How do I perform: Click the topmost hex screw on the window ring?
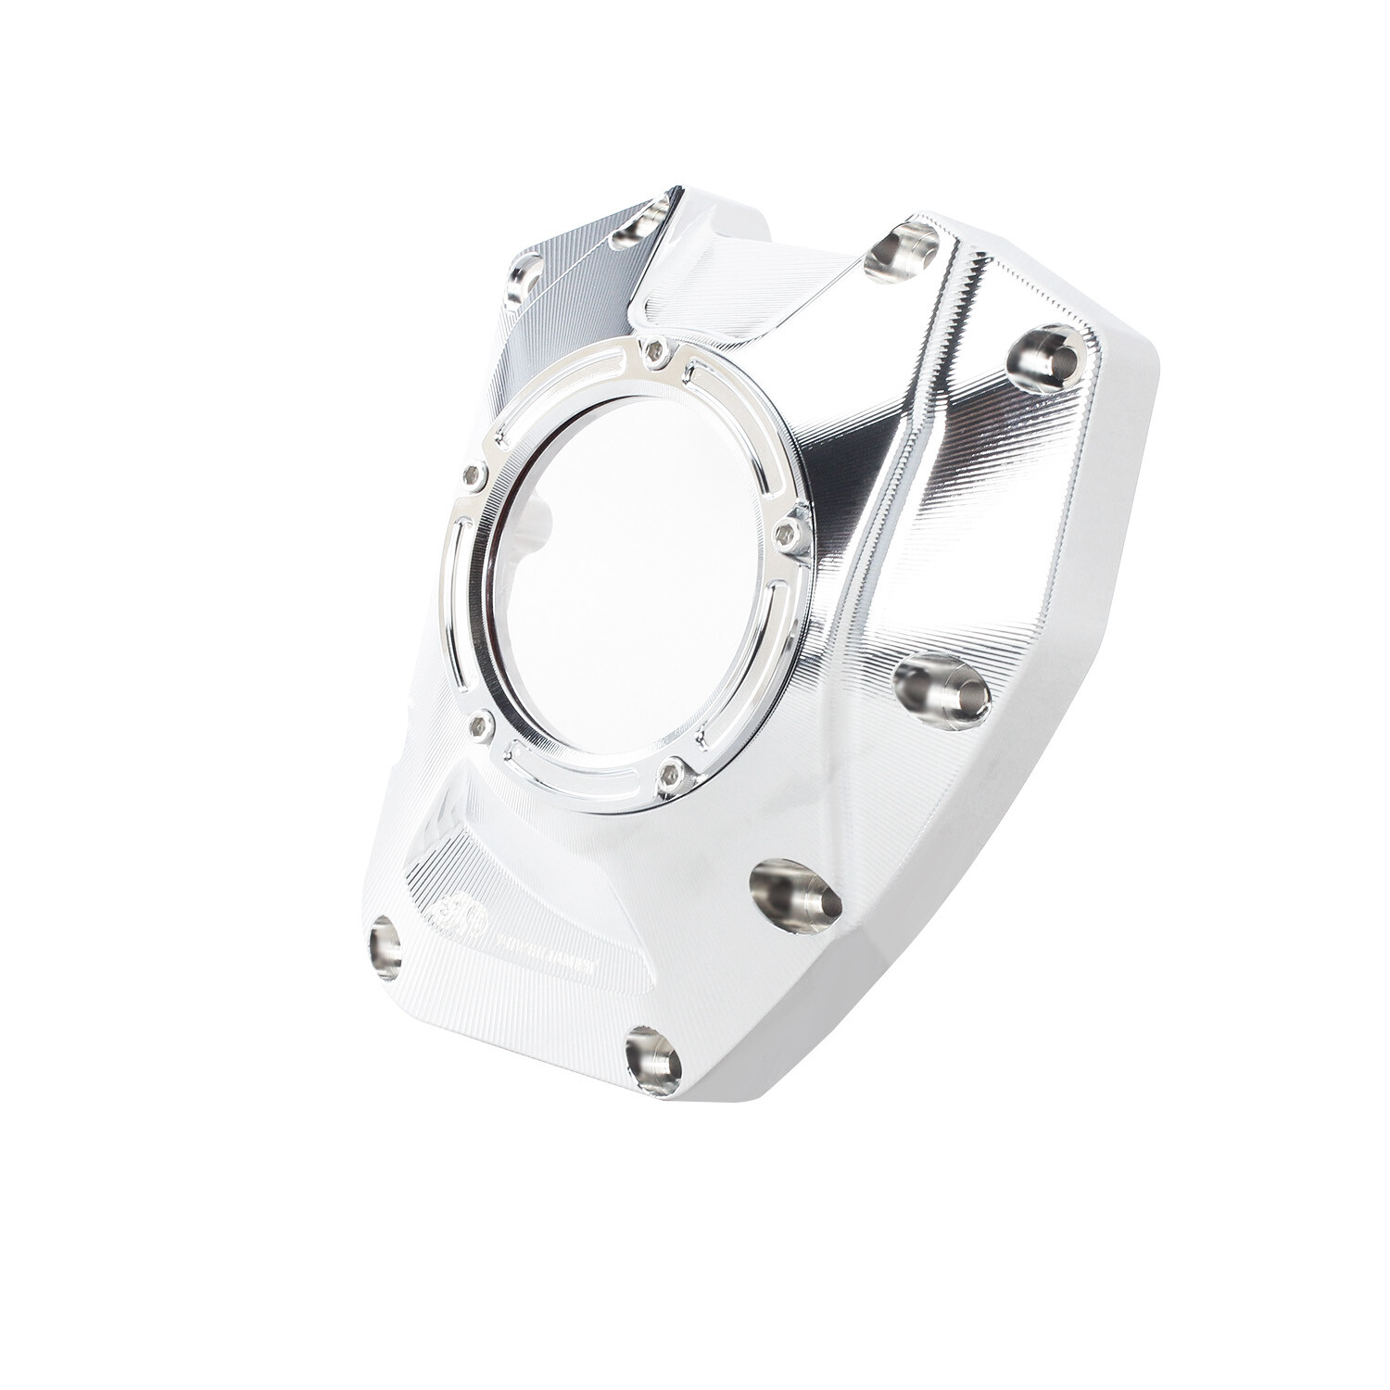[657, 351]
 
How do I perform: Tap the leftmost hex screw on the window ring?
[474, 476]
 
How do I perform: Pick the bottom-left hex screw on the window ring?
[480, 728]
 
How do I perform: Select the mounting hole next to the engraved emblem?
[385, 947]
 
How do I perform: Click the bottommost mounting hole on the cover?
[653, 1061]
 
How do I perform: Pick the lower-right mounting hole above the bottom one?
[795, 894]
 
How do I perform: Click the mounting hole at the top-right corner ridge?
[901, 250]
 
